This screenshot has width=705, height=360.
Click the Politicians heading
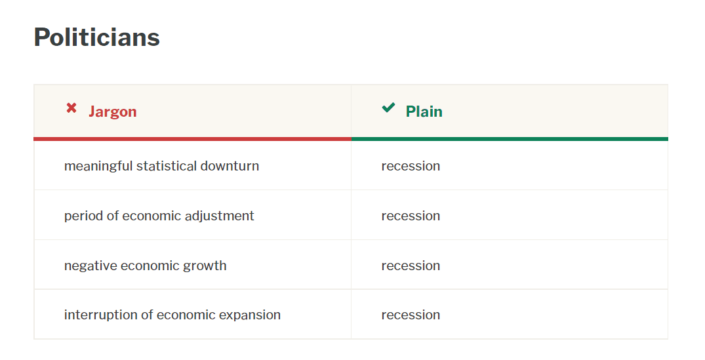click(x=96, y=37)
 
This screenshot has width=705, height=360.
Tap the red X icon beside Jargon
click(x=71, y=108)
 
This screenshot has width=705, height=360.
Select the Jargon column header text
click(x=112, y=111)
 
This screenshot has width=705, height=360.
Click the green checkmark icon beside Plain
click(x=388, y=108)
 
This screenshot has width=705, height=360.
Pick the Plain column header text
click(x=424, y=111)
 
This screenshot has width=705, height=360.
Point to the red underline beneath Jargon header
click(x=192, y=139)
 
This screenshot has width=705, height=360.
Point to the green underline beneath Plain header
click(x=510, y=139)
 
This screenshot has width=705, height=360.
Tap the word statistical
click(x=167, y=166)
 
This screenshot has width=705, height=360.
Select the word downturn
click(x=230, y=166)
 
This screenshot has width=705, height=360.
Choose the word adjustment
click(x=220, y=216)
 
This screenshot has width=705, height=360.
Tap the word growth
click(x=205, y=266)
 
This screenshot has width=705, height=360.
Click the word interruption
click(x=101, y=315)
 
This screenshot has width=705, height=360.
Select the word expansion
click(x=250, y=315)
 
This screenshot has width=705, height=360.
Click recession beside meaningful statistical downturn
click(x=411, y=167)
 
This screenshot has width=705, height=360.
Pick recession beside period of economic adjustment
click(x=411, y=216)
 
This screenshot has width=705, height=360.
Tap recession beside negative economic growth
click(x=411, y=266)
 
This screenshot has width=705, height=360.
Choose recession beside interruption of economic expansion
click(x=411, y=315)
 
